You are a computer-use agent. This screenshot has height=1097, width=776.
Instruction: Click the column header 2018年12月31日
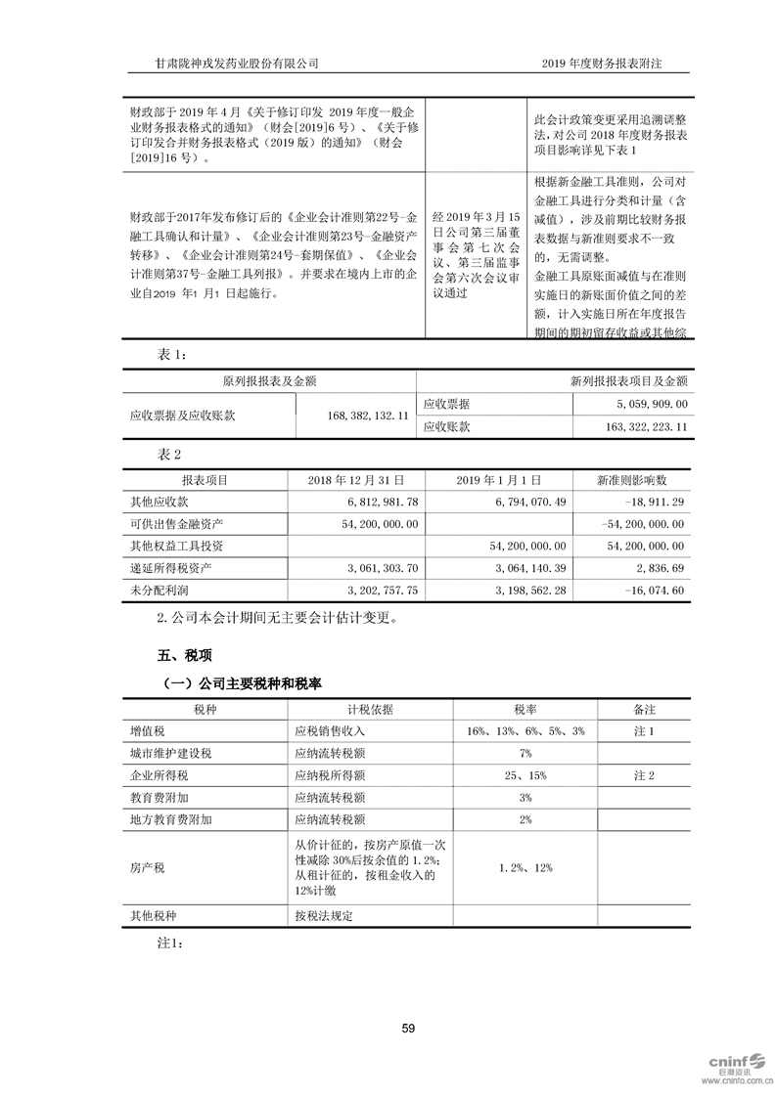tap(349, 480)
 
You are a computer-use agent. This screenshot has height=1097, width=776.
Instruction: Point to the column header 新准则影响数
tap(632, 480)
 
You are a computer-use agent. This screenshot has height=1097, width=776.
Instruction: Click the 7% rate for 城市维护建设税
tap(525, 753)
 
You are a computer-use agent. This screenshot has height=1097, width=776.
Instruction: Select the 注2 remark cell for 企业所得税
tap(643, 775)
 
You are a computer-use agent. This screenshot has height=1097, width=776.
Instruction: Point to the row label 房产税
tap(147, 867)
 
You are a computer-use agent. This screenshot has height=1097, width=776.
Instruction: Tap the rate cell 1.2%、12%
tap(525, 867)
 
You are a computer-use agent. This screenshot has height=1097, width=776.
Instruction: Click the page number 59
tap(408, 1028)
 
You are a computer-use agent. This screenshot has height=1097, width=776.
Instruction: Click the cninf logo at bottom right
tap(733, 1063)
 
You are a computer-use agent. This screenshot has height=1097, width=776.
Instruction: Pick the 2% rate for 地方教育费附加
tap(525, 820)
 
